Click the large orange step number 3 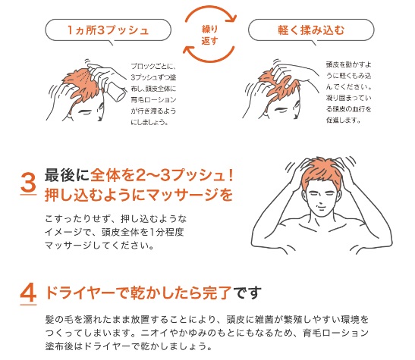(28, 183)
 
